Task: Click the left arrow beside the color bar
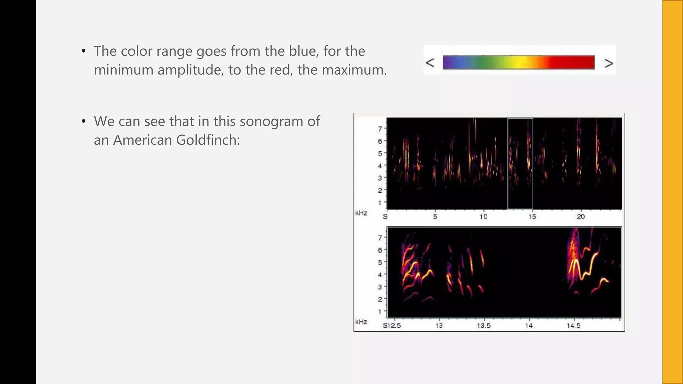(x=430, y=63)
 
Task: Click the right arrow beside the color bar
(x=609, y=63)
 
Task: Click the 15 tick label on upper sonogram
(x=532, y=217)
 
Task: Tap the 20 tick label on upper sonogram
(x=581, y=217)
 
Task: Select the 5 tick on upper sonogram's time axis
(x=435, y=217)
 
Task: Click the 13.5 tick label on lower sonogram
(x=484, y=326)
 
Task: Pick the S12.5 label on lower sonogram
(x=392, y=326)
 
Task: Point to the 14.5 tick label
(x=574, y=326)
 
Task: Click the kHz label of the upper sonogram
(x=361, y=213)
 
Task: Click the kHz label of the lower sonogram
(x=361, y=322)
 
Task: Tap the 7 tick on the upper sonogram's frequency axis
(x=380, y=128)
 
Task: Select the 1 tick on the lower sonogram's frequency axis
(x=380, y=312)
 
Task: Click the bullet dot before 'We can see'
(x=84, y=121)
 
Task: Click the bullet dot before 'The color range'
(x=84, y=51)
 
